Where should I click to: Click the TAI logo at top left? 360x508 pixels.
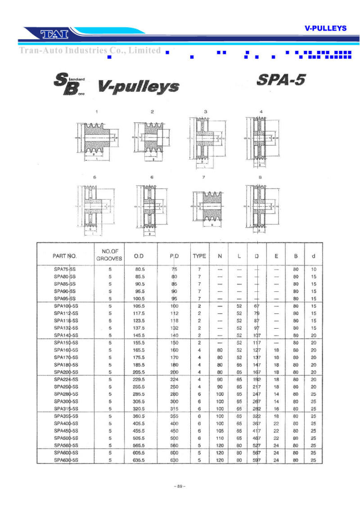pyautogui.click(x=54, y=34)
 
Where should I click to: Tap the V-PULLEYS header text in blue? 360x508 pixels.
pyautogui.click(x=325, y=28)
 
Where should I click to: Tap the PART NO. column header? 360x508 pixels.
pyautogui.click(x=65, y=256)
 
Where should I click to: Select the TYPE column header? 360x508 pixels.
pyautogui.click(x=199, y=256)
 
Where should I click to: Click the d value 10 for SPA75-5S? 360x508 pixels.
pyautogui.click(x=314, y=269)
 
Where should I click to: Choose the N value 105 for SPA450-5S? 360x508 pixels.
pyautogui.click(x=220, y=431)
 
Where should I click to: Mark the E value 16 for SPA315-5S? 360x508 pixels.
pyautogui.click(x=276, y=409)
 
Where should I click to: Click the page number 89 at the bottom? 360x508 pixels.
pyautogui.click(x=180, y=486)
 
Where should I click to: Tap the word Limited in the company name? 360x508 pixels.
pyautogui.click(x=144, y=50)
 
